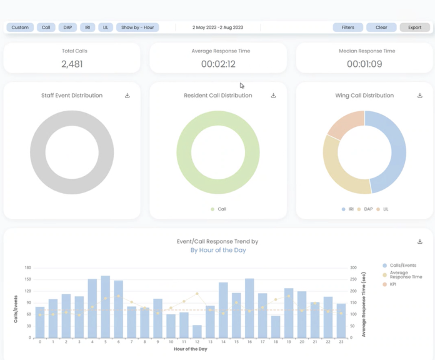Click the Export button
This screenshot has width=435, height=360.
(415, 27)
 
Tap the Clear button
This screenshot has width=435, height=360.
(381, 27)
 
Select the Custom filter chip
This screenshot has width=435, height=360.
(20, 27)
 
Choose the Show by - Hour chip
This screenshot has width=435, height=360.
(137, 27)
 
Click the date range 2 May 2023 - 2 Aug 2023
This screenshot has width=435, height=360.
(217, 27)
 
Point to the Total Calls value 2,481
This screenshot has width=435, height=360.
(72, 64)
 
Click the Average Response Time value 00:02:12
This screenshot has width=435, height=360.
(218, 64)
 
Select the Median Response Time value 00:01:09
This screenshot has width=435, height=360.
(364, 64)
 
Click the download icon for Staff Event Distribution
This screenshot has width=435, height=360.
(127, 96)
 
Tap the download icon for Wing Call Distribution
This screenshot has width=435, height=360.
(420, 96)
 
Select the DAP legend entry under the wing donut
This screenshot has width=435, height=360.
(365, 209)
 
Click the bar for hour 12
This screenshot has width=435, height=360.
(197, 331)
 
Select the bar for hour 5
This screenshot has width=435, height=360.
(106, 307)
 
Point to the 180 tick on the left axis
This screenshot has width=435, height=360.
(28, 267)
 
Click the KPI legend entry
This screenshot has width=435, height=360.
(389, 284)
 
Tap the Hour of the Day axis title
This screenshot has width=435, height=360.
(191, 349)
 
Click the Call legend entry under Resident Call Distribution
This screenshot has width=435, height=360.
(219, 209)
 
